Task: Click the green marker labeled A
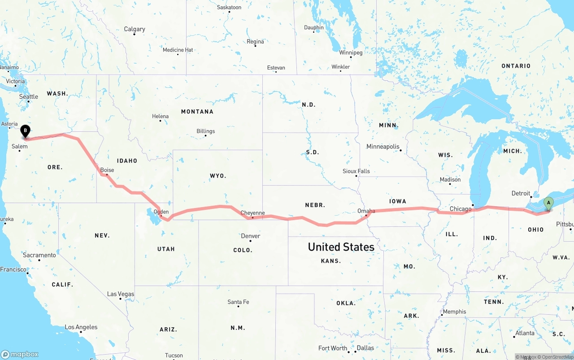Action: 548,204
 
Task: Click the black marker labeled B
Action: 26,131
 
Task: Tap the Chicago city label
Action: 461,209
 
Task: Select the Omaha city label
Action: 366,211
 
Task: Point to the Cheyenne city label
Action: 252,213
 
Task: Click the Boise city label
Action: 107,170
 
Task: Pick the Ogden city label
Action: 161,212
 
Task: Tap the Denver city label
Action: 251,236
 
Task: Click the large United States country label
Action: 341,247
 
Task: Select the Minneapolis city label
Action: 383,147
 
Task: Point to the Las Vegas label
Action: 121,294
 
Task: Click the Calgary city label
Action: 135,29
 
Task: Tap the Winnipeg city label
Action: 351,52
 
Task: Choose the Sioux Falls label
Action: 356,171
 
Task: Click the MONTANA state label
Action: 197,112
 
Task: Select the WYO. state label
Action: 218,176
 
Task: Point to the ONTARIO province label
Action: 516,66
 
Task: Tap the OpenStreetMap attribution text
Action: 554,357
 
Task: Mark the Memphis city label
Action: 454,312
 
